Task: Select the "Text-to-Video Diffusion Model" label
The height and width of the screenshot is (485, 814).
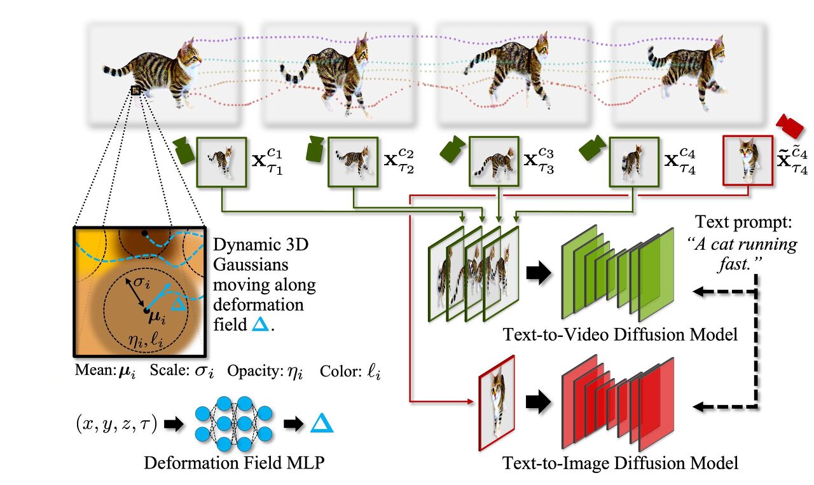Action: pyautogui.click(x=620, y=334)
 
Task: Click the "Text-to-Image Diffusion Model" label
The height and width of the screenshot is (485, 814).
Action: pyautogui.click(x=621, y=463)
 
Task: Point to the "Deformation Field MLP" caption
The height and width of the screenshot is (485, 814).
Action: pyautogui.click(x=234, y=462)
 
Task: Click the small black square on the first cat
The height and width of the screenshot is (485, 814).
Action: pyautogui.click(x=135, y=91)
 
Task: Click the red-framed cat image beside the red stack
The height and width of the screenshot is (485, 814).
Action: pyautogui.click(x=495, y=402)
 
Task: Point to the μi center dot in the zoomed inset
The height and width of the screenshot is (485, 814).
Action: pyautogui.click(x=147, y=311)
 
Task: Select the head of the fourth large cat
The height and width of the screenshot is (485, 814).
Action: pyautogui.click(x=717, y=51)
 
